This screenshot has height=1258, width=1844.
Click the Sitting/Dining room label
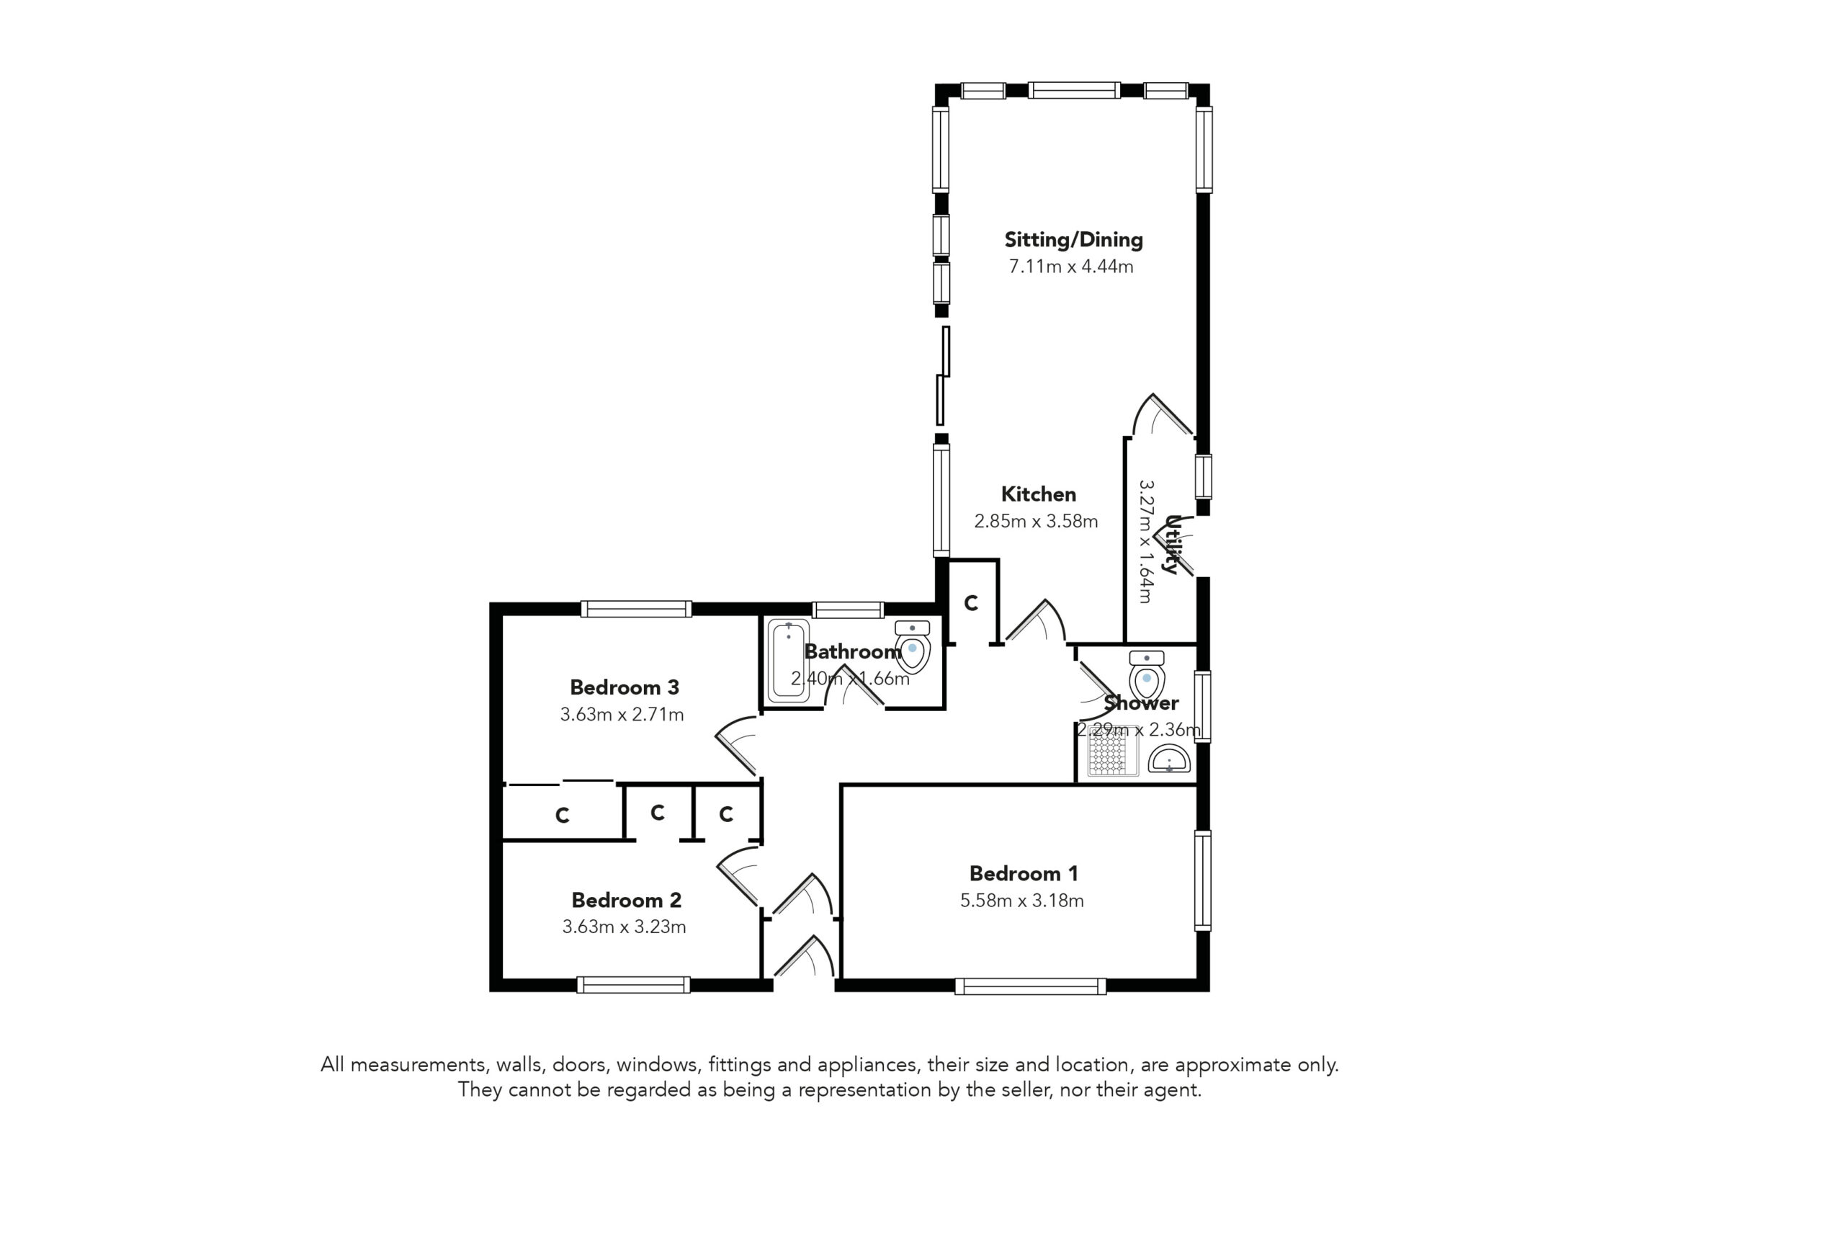click(1073, 240)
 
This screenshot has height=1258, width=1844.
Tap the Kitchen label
click(1038, 494)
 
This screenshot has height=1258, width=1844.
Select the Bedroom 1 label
click(1024, 874)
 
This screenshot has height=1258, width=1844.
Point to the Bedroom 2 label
click(626, 900)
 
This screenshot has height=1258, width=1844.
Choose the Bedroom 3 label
click(625, 687)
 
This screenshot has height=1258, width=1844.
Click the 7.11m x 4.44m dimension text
click(1071, 267)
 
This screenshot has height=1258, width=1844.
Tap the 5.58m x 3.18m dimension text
click(1022, 901)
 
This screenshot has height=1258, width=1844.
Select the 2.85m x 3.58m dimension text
click(1037, 522)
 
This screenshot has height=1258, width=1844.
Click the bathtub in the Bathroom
click(788, 661)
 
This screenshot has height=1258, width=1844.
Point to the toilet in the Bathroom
click(913, 646)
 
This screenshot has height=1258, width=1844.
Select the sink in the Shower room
click(1169, 759)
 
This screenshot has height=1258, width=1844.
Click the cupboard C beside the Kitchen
click(971, 603)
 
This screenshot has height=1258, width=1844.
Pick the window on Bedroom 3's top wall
click(636, 609)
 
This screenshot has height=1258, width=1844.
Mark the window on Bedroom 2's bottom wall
click(633, 985)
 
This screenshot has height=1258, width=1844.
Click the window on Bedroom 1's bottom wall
click(1030, 986)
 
